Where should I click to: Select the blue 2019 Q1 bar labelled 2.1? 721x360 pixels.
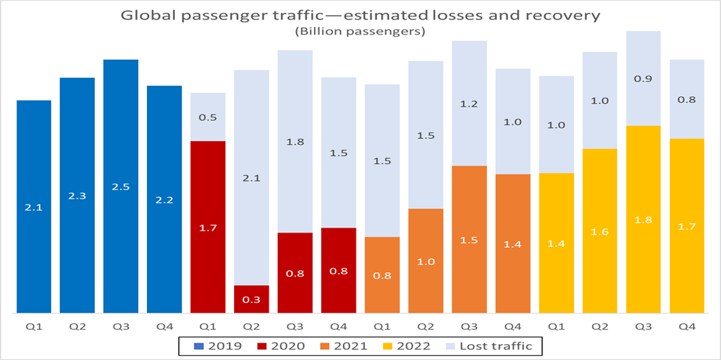[x=34, y=207]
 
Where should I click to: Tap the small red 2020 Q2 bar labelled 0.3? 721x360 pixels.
[x=251, y=299]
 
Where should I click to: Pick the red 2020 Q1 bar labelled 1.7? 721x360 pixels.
[x=208, y=227]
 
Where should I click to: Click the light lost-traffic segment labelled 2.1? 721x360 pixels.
[x=251, y=177]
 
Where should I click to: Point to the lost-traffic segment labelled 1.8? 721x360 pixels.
[x=295, y=141]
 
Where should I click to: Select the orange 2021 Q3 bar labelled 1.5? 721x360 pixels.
[x=469, y=239]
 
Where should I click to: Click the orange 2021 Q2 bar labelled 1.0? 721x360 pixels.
[x=426, y=261]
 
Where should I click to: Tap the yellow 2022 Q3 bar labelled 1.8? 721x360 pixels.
[x=643, y=219]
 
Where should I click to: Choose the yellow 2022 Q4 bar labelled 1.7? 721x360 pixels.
[x=686, y=225]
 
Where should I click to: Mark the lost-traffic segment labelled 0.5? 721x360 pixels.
[x=208, y=117]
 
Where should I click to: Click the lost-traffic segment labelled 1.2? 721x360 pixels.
[x=469, y=103]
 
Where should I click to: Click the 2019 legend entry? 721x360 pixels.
[x=214, y=346]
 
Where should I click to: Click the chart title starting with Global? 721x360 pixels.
[x=359, y=14]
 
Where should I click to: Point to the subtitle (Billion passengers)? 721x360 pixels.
[x=359, y=31]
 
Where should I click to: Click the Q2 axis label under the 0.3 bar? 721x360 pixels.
[x=251, y=325]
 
